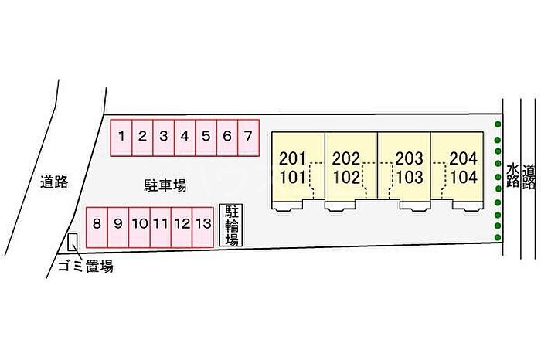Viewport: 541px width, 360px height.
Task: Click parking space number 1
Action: [x=122, y=138]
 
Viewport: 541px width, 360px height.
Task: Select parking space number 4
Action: [x=185, y=138]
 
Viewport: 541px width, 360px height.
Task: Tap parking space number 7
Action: [x=247, y=138]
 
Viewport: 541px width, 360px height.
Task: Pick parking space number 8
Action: [x=96, y=225]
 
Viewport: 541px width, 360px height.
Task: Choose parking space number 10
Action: [x=140, y=225]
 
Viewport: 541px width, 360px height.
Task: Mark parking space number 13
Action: [x=202, y=225]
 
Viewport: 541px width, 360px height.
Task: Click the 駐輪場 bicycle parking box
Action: [x=230, y=225]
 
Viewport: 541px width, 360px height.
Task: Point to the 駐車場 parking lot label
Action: [x=165, y=185]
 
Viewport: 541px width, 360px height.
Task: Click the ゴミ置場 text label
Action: [x=85, y=267]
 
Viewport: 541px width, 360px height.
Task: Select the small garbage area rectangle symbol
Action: [x=73, y=242]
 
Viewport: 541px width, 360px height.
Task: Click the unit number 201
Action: [x=293, y=159]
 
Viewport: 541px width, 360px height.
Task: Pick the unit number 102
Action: [x=346, y=176]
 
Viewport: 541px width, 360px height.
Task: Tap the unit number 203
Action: [x=409, y=159]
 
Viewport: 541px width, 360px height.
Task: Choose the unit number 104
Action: [x=463, y=176]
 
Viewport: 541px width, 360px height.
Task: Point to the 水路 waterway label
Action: [x=512, y=176]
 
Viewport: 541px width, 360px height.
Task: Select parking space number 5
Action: [x=206, y=138]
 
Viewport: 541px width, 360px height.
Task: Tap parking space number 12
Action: [x=182, y=225]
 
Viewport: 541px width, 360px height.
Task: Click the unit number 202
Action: [x=346, y=159]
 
